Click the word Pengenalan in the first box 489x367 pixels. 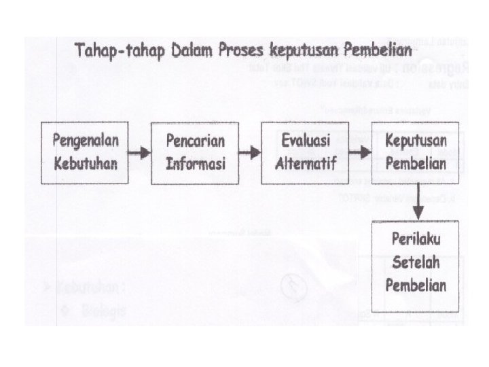pyautogui.click(x=86, y=140)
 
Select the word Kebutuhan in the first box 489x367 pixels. pyautogui.click(x=86, y=164)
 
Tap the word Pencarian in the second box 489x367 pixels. pyautogui.click(x=196, y=140)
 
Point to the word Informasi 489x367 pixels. pyautogui.click(x=196, y=164)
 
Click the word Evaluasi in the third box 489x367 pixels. pyautogui.click(x=306, y=140)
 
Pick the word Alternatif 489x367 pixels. pyautogui.click(x=306, y=164)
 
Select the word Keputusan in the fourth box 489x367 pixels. pyautogui.click(x=415, y=140)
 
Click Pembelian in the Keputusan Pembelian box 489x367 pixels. pyautogui.click(x=415, y=164)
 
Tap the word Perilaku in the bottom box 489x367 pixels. pyautogui.click(x=415, y=240)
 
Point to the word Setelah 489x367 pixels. pyautogui.click(x=415, y=262)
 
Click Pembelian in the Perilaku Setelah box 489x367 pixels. pyautogui.click(x=415, y=285)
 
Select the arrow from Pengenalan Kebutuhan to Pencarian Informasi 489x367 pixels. pyautogui.click(x=141, y=153)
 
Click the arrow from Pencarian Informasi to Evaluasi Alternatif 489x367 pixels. pyautogui.click(x=251, y=153)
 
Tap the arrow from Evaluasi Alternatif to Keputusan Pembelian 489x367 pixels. pyautogui.click(x=361, y=153)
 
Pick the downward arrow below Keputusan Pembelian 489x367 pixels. pyautogui.click(x=419, y=202)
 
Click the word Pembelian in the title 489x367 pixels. pyautogui.click(x=378, y=50)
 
